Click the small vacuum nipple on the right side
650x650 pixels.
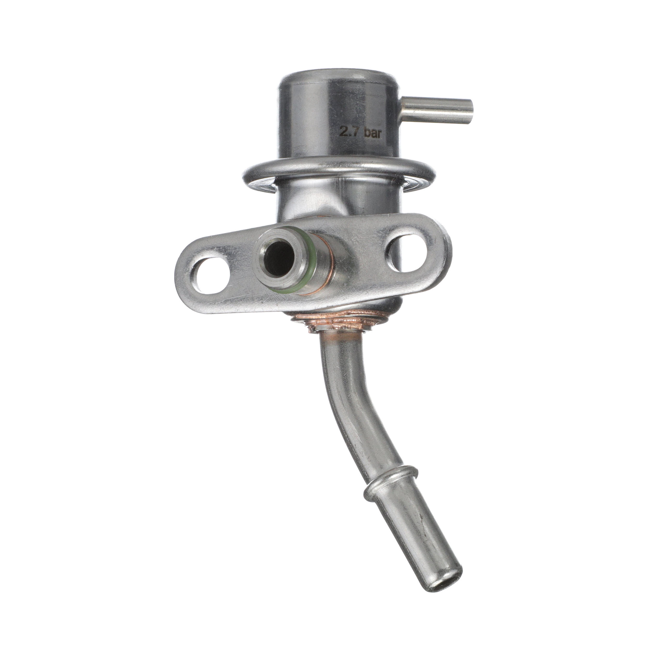(437, 110)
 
